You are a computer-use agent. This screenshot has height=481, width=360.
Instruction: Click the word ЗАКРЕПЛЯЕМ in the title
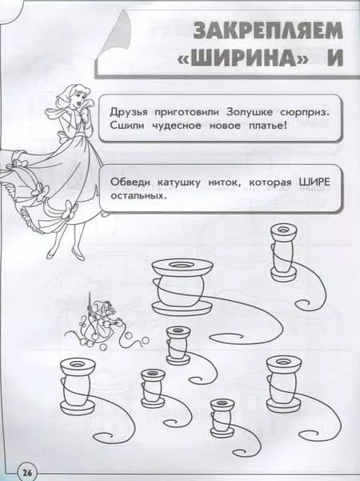(267, 30)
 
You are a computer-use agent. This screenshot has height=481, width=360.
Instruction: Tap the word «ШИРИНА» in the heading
(243, 58)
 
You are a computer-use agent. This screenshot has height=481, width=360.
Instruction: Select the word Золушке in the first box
(249, 112)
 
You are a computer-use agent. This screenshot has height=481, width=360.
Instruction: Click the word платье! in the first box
(269, 126)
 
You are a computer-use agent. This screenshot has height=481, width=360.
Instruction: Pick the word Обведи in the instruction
(130, 182)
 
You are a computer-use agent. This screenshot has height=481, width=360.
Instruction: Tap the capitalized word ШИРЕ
(314, 182)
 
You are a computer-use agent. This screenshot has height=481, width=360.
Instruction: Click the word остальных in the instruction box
(138, 195)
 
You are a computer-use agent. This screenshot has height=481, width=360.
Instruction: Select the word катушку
(179, 182)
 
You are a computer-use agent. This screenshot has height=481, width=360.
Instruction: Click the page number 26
(27, 472)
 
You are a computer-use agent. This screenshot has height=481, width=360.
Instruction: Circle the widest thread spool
(182, 286)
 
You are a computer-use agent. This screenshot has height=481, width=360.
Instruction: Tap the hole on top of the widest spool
(182, 264)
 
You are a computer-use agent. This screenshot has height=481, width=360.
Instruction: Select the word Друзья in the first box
(129, 113)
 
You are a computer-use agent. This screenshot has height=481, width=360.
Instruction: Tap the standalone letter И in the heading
(335, 58)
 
